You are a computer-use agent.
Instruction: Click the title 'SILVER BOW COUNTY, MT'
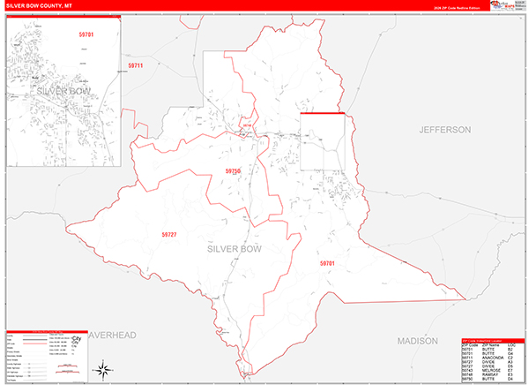tap(44, 6)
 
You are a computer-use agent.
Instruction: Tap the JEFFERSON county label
tap(445, 130)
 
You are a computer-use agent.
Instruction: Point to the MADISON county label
tap(417, 340)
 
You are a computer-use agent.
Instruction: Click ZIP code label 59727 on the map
tap(169, 234)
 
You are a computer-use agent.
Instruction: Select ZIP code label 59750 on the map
tap(232, 170)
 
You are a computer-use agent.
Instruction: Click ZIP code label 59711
tap(135, 65)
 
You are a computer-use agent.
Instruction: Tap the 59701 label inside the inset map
tap(85, 34)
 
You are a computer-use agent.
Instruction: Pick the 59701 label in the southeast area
tap(327, 263)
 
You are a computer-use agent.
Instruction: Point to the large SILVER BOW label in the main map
tap(235, 249)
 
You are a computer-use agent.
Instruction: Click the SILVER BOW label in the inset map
tap(63, 91)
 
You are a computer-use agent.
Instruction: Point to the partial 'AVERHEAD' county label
tap(113, 336)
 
